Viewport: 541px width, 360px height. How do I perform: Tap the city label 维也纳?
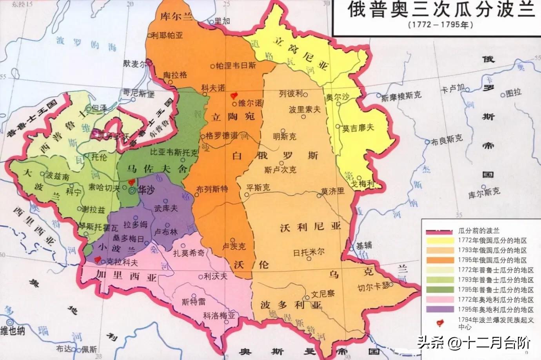pos(13,330)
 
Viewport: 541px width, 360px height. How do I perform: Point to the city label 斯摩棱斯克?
pos(401,95)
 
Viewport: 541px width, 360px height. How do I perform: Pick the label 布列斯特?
pos(212,189)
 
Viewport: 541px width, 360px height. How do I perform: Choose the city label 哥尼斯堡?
pos(139,93)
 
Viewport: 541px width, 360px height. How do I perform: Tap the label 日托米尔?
pos(309,252)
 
